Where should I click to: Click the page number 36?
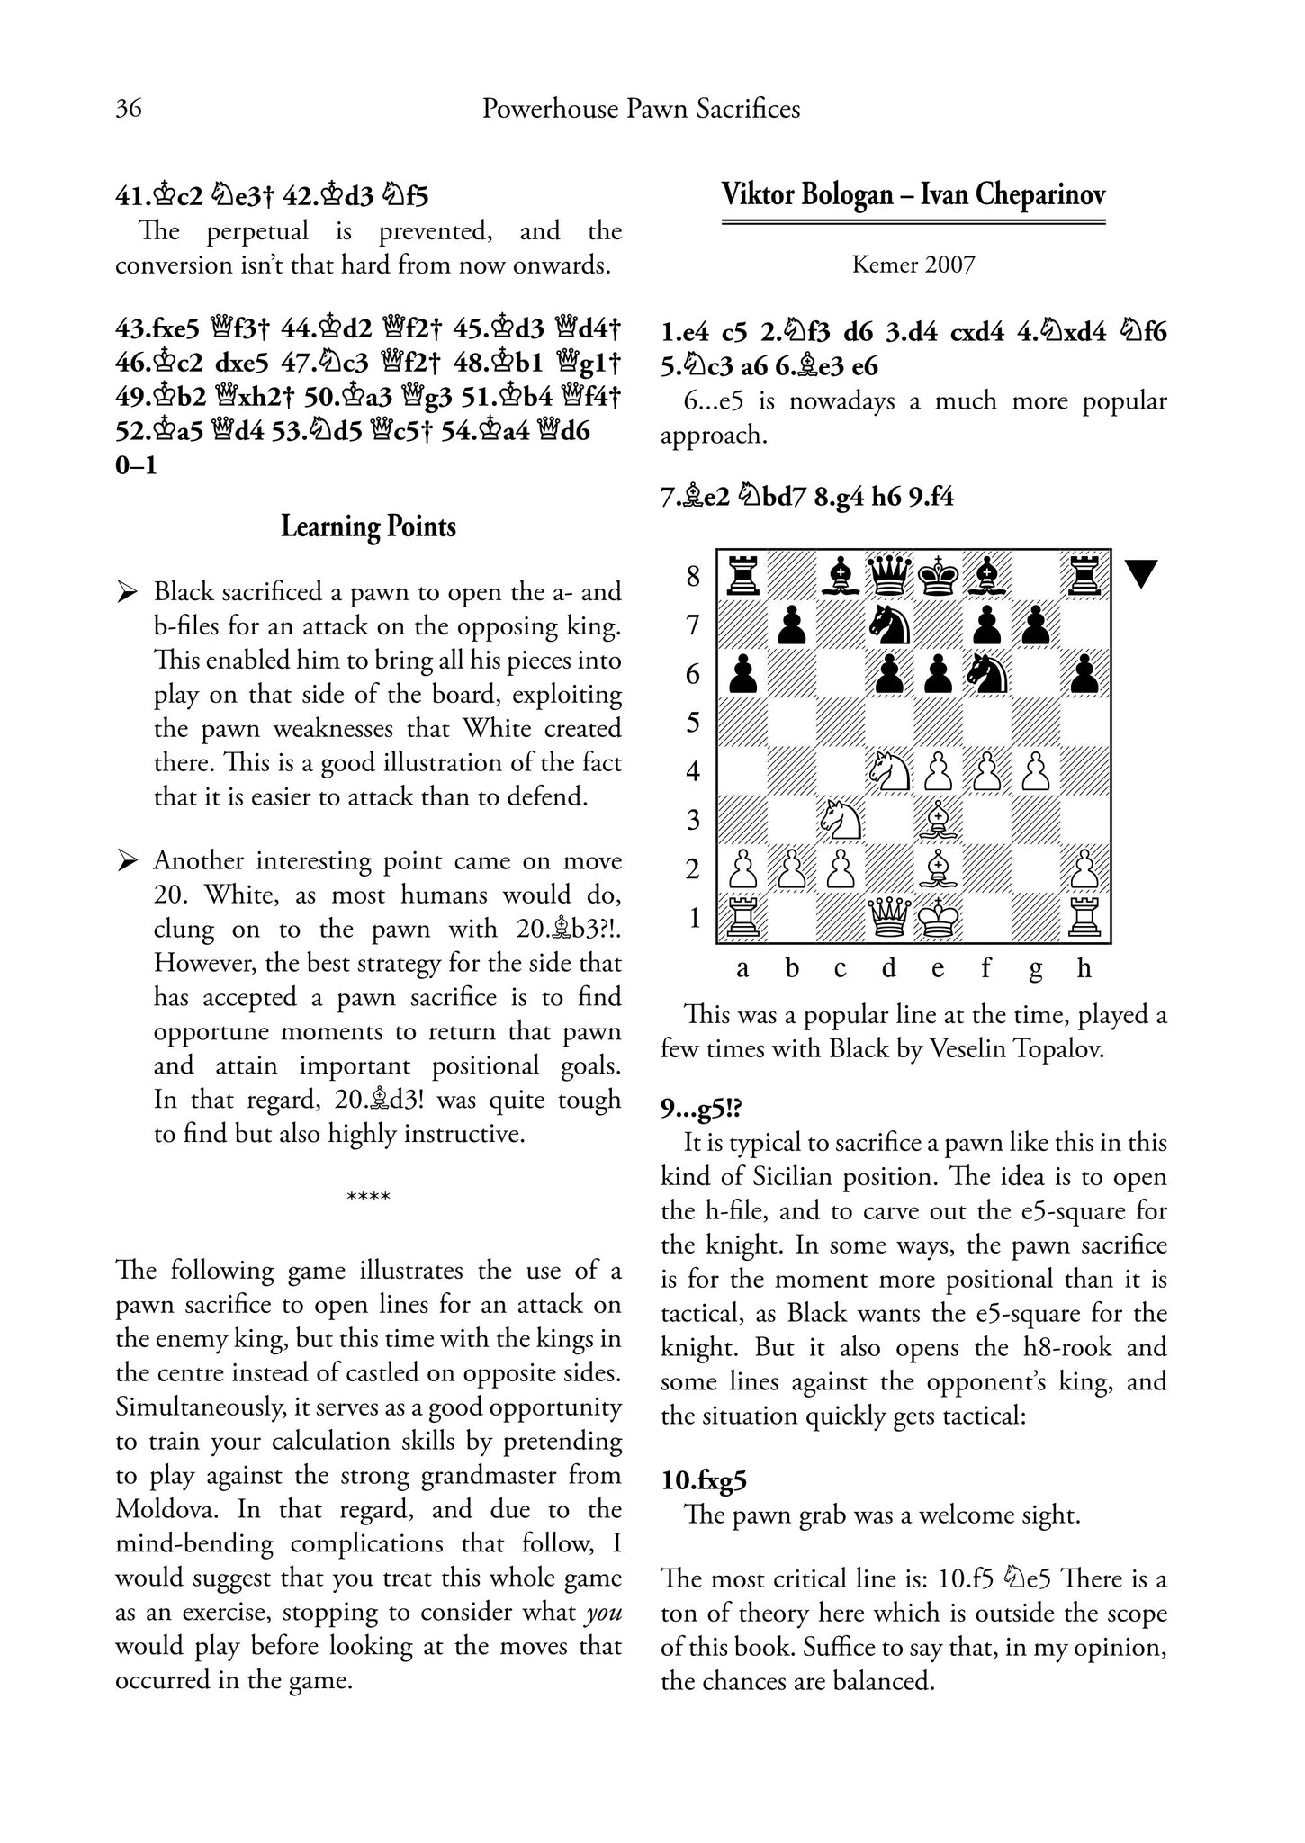129,109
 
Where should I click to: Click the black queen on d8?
889,575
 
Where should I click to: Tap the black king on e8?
938,575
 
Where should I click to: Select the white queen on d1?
889,919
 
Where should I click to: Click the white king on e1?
938,919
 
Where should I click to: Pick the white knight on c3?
841,820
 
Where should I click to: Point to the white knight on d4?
889,771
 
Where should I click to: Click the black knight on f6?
987,673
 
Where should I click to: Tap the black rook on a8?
742,575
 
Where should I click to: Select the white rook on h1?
1085,919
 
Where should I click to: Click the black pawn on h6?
1085,673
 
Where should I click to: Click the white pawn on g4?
1036,771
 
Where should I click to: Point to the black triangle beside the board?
1140,573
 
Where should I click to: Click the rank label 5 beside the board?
693,723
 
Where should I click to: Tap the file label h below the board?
1084,968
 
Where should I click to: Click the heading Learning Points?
368,526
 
